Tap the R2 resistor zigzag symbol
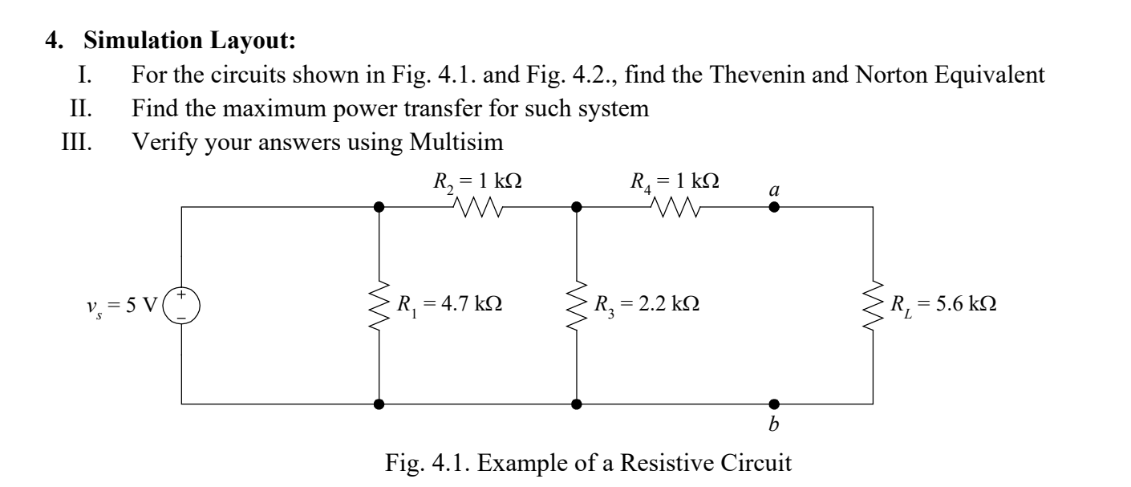478,207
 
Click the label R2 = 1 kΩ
476,180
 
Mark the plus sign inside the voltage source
182,296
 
